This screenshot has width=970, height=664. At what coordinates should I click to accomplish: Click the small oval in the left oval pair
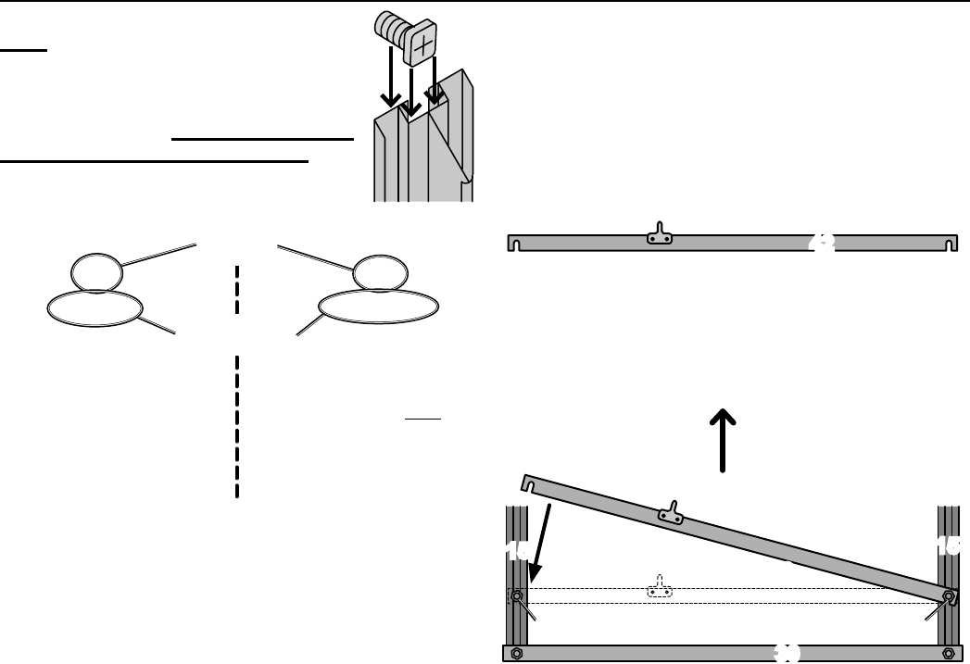[96, 271]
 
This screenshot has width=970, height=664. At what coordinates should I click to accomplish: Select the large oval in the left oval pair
[92, 307]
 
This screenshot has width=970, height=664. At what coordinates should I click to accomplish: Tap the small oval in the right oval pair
[376, 271]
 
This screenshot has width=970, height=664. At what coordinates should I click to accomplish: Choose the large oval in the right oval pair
[378, 307]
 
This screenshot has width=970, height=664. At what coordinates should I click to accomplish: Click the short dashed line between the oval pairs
[237, 289]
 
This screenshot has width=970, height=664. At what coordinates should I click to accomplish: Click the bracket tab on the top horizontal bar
[659, 234]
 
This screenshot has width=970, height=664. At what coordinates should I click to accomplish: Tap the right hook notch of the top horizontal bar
[949, 244]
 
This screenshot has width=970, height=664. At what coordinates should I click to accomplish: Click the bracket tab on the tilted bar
[671, 512]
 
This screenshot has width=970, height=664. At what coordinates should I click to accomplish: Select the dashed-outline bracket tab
[659, 589]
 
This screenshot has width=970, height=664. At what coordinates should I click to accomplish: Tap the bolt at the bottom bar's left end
[517, 654]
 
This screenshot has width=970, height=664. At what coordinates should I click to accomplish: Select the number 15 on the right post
[948, 547]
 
